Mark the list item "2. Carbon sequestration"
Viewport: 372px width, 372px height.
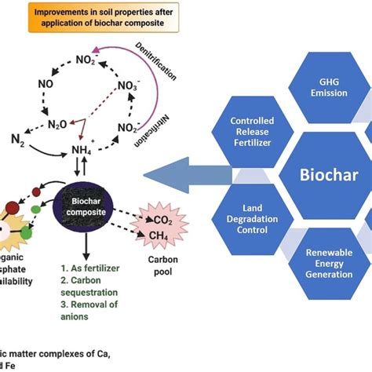click(x=93, y=286)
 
